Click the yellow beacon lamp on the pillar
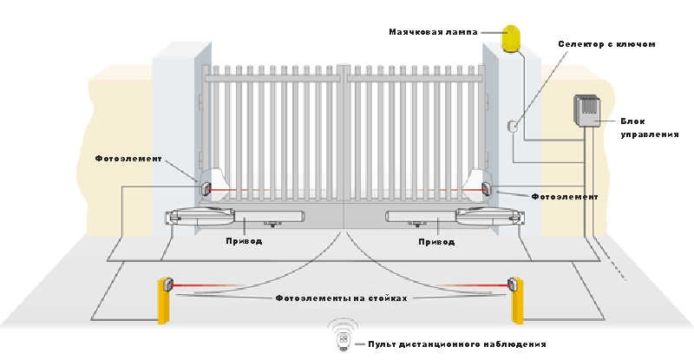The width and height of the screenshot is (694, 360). coord(512,37)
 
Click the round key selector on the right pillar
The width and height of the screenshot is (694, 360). coord(513,126)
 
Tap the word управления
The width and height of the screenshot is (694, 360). coord(651,135)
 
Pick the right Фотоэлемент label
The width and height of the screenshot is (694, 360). coord(564,197)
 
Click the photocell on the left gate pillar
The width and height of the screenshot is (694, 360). coord(207,187)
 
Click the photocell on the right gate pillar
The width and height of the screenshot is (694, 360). coord(488,188)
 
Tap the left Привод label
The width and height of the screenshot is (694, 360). coord(242,242)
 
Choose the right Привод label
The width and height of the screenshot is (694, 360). coord(435,242)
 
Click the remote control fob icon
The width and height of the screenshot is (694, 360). coord(344,340)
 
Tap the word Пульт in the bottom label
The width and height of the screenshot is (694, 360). coord(383,344)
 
